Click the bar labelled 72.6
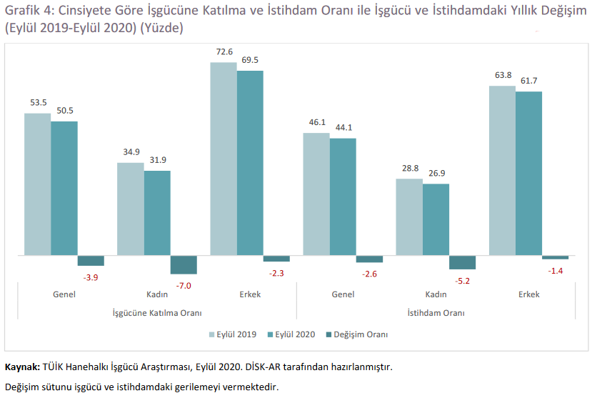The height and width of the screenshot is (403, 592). coord(224,159)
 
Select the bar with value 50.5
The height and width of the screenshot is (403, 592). coord(64,188)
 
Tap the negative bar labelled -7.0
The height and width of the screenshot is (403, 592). coord(184,265)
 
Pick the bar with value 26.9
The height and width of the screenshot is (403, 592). coord(436,219)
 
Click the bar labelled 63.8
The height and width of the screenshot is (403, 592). coord(502,170)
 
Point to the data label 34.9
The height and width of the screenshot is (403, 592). coord(131,151)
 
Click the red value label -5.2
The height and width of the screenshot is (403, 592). coord(463,281)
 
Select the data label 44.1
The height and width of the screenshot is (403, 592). coord(343,128)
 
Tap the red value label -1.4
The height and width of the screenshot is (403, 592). coord(556,271)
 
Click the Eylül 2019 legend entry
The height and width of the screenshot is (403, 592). coord(233,334)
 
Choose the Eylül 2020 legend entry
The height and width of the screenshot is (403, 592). coord(291,334)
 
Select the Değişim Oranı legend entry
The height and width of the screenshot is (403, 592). coord(357,334)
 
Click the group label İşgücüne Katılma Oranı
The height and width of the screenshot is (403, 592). coord(157,313)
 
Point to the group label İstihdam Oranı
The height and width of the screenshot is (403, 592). coord(436,313)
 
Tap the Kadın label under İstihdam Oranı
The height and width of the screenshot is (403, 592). coord(436,294)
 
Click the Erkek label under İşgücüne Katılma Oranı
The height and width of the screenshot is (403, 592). coord(250,294)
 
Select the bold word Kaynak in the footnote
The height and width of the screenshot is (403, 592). coord(22,367)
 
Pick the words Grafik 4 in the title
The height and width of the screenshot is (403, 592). coord(29,10)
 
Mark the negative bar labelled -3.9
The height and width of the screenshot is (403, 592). coord(91,261)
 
